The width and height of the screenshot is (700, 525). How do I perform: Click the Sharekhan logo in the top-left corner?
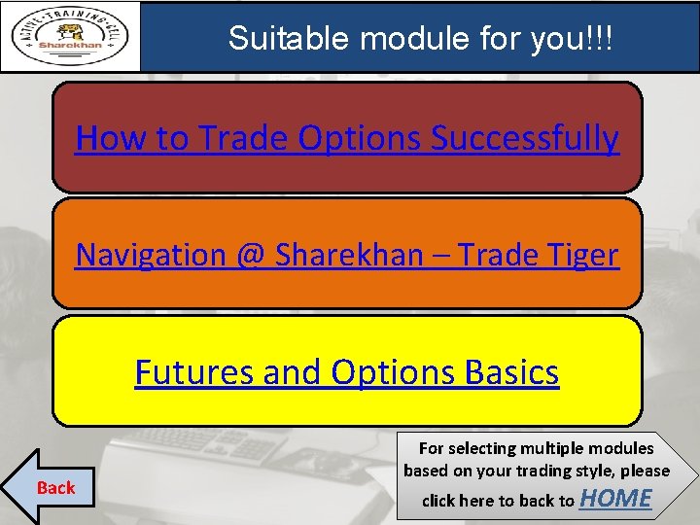pos(70,37)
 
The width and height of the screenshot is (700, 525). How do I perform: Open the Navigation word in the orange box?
pos(151,255)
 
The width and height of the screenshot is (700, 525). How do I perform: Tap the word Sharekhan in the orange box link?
pos(349,255)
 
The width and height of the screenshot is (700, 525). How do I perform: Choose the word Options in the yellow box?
pos(388,371)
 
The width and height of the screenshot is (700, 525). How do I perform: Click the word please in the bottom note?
pos(643,471)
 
